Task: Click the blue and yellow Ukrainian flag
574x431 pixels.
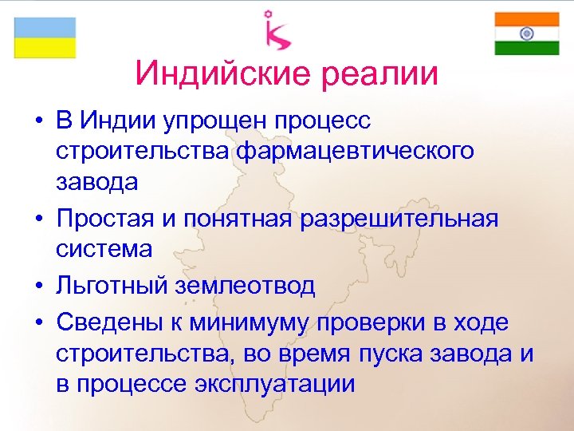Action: pos(45,37)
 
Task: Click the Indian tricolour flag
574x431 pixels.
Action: pos(526,34)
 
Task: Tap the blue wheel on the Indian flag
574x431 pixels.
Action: pos(526,34)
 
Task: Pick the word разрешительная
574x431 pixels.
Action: pos(399,218)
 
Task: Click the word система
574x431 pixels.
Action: pos(104,248)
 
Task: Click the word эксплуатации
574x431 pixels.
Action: pos(274,383)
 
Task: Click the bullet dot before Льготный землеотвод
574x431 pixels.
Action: pos(38,286)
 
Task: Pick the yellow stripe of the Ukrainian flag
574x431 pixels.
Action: pos(45,48)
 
